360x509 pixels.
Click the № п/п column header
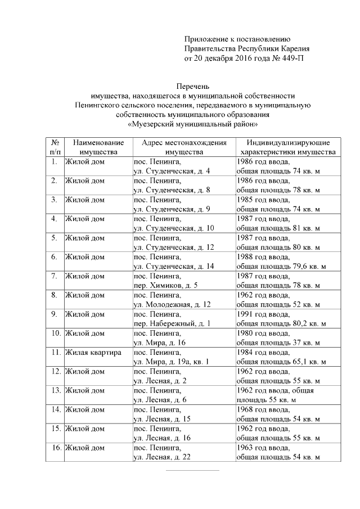tap(55, 147)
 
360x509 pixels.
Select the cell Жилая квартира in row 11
tap(90, 353)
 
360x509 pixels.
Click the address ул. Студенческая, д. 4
tap(172, 170)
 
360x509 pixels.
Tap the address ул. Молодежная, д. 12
tap(172, 304)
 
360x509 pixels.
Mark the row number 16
tap(56, 448)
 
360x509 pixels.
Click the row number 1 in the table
tap(55, 161)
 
